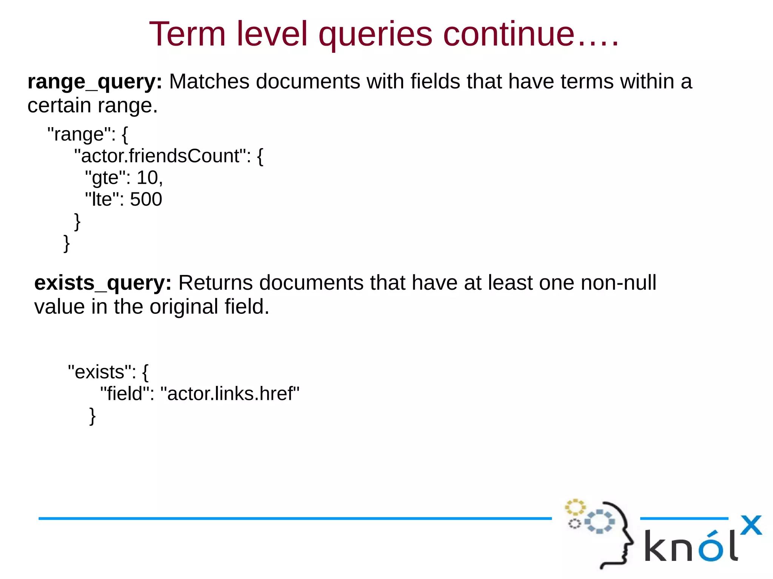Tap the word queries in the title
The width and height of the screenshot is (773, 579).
click(x=375, y=35)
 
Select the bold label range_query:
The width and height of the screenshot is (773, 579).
click(x=95, y=81)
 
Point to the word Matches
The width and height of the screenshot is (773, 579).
click(x=209, y=81)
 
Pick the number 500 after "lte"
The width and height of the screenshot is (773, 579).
click(x=146, y=199)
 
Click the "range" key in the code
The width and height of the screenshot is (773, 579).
click(x=79, y=134)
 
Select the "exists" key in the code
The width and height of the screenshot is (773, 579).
click(x=100, y=372)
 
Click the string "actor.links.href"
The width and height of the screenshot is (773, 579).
click(x=230, y=394)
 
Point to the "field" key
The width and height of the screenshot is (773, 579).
click(x=124, y=394)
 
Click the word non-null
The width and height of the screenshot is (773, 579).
click(x=618, y=283)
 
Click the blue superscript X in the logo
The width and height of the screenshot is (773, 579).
click(x=751, y=525)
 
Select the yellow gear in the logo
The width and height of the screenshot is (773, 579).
click(x=575, y=507)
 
